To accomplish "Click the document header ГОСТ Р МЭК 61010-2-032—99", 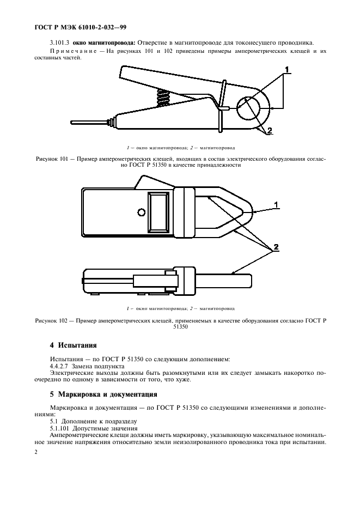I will click(76, 26).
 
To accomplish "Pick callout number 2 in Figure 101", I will click(269, 130).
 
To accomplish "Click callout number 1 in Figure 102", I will click(276, 205).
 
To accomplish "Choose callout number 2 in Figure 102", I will click(276, 247).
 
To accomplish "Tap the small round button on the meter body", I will click(142, 212).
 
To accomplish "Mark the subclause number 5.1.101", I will click(60, 428).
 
